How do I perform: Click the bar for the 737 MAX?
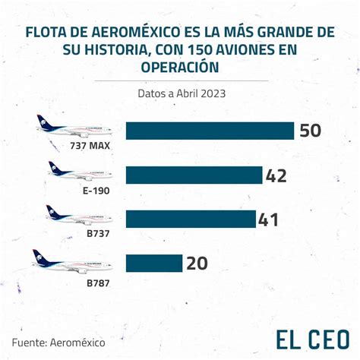[x=210, y=131]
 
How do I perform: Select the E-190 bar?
[x=194, y=175]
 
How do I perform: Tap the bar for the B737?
[x=191, y=219]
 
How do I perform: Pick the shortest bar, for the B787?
[x=154, y=264]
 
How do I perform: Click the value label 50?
[x=311, y=131]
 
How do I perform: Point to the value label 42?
[x=276, y=175]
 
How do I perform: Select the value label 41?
[x=268, y=219]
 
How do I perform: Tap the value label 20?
[x=197, y=264]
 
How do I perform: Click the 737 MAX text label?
[x=90, y=146]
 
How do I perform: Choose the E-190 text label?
[x=96, y=191]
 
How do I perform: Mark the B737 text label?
[x=98, y=233]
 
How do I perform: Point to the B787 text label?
[x=98, y=283]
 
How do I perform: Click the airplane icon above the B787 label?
[x=72, y=262]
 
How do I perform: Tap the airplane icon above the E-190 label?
[x=81, y=171]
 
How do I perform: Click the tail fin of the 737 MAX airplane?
[x=45, y=122]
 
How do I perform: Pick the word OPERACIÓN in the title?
[x=180, y=67]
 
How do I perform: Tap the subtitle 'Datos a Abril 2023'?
[x=182, y=93]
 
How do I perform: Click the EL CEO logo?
[x=313, y=339]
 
